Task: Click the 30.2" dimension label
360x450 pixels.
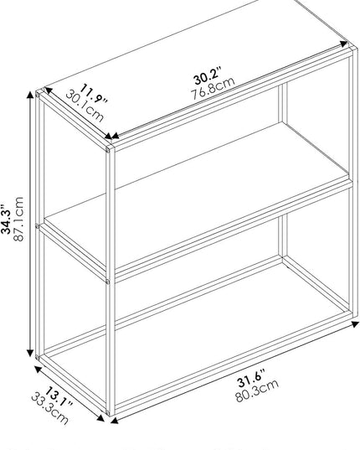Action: [x=208, y=76]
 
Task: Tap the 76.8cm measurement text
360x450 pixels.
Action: [x=213, y=88]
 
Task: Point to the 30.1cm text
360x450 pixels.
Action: [x=85, y=106]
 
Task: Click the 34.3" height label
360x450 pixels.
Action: [x=6, y=220]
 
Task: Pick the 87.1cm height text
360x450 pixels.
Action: [x=18, y=219]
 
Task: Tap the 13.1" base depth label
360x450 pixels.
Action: [x=59, y=397]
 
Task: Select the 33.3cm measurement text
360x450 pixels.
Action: [x=50, y=409]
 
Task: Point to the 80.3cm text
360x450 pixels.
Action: [x=257, y=391]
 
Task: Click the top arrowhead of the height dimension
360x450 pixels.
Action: [x=30, y=95]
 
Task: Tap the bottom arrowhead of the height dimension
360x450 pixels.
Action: [x=30, y=354]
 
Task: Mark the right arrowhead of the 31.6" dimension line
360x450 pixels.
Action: [x=355, y=324]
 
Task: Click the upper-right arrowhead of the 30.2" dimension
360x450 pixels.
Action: [x=343, y=44]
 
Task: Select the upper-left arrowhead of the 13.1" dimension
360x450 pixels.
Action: [x=39, y=369]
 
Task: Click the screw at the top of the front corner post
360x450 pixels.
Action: [x=107, y=149]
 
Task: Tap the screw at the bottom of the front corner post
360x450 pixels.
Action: [x=107, y=412]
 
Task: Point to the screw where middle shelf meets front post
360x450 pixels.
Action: [x=107, y=282]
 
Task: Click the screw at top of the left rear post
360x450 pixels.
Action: [x=38, y=94]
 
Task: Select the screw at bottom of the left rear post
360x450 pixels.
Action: [x=38, y=357]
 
